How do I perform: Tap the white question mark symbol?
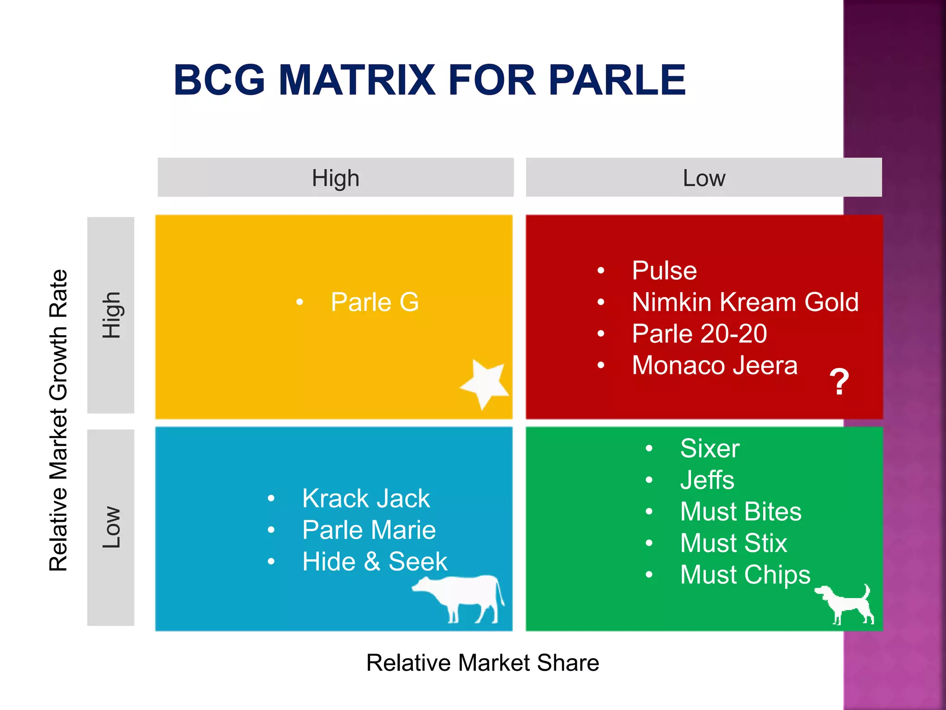pos(839,382)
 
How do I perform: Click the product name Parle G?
pos(375,302)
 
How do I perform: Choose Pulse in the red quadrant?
pos(664,271)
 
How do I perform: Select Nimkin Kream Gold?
pos(745,302)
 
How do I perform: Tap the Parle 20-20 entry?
pos(699,334)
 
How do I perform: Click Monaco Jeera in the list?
pos(715,365)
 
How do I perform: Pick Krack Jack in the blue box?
pos(366,498)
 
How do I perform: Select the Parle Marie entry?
pos(369,530)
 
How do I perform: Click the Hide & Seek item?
pos(375,562)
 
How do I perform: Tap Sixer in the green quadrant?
pos(709,448)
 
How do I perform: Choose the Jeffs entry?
pos(707,480)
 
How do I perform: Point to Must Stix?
pos(733,543)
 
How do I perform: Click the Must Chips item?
pos(745,575)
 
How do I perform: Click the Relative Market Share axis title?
pos(482,662)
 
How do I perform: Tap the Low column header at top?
pos(703,178)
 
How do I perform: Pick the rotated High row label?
pos(111,315)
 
